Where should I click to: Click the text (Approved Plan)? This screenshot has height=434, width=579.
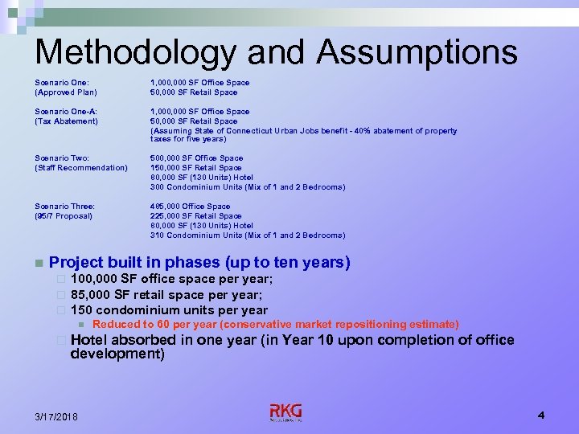pyautogui.click(x=66, y=92)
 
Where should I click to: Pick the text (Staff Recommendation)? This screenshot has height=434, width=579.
pyautogui.click(x=81, y=168)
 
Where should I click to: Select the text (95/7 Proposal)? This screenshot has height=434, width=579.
pyautogui.click(x=64, y=216)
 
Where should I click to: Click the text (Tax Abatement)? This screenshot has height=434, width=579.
pyautogui.click(x=66, y=121)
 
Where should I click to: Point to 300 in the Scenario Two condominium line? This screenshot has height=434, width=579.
pyautogui.click(x=157, y=187)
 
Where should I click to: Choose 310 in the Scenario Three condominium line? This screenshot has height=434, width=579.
pyautogui.click(x=157, y=235)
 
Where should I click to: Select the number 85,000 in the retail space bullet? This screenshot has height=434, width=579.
pyautogui.click(x=90, y=294)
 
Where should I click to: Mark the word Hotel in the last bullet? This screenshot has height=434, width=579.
pyautogui.click(x=89, y=340)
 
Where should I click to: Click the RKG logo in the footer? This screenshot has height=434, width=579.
pyautogui.click(x=285, y=413)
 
